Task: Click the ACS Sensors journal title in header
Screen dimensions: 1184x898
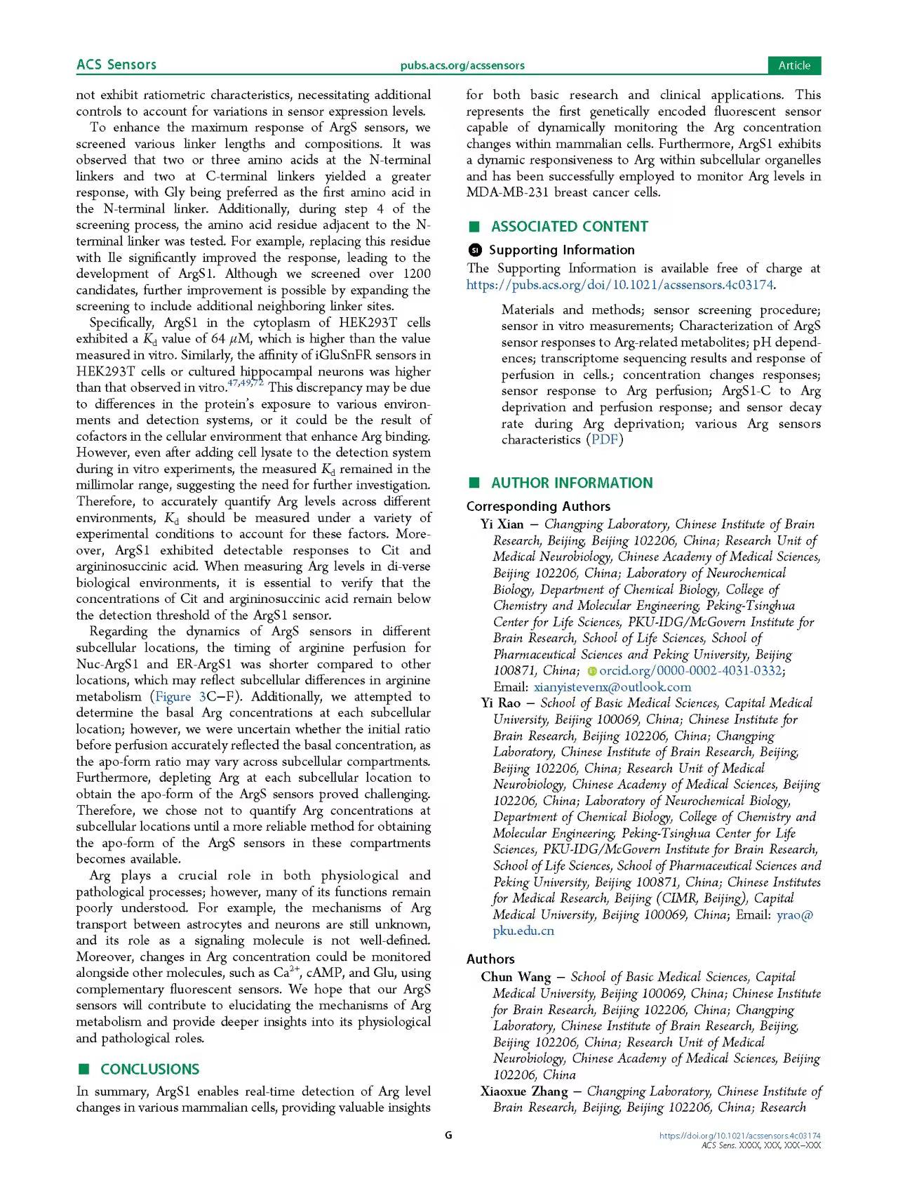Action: [x=116, y=65]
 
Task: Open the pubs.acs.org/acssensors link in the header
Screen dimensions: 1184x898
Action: [x=462, y=65]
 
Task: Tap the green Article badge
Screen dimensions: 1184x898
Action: [x=794, y=65]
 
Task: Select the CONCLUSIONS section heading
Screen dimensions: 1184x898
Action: [x=149, y=1069]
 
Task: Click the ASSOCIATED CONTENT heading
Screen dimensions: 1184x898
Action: [x=569, y=227]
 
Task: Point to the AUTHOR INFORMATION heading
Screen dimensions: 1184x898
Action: [x=572, y=483]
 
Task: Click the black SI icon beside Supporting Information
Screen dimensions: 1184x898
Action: [x=475, y=250]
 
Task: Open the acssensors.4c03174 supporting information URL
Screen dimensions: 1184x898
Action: [x=620, y=285]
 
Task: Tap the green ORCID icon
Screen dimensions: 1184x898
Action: [x=591, y=671]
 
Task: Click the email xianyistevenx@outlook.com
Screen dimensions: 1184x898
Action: [x=612, y=687]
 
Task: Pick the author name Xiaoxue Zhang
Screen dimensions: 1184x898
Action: [x=524, y=1091]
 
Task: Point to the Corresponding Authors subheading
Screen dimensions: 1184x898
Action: [x=538, y=506]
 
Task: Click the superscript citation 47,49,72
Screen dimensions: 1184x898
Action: [x=246, y=383]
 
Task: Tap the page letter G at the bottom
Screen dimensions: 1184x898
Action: [x=449, y=1135]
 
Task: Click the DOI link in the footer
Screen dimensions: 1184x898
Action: [x=740, y=1136]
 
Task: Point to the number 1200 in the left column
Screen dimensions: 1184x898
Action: [x=417, y=274]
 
